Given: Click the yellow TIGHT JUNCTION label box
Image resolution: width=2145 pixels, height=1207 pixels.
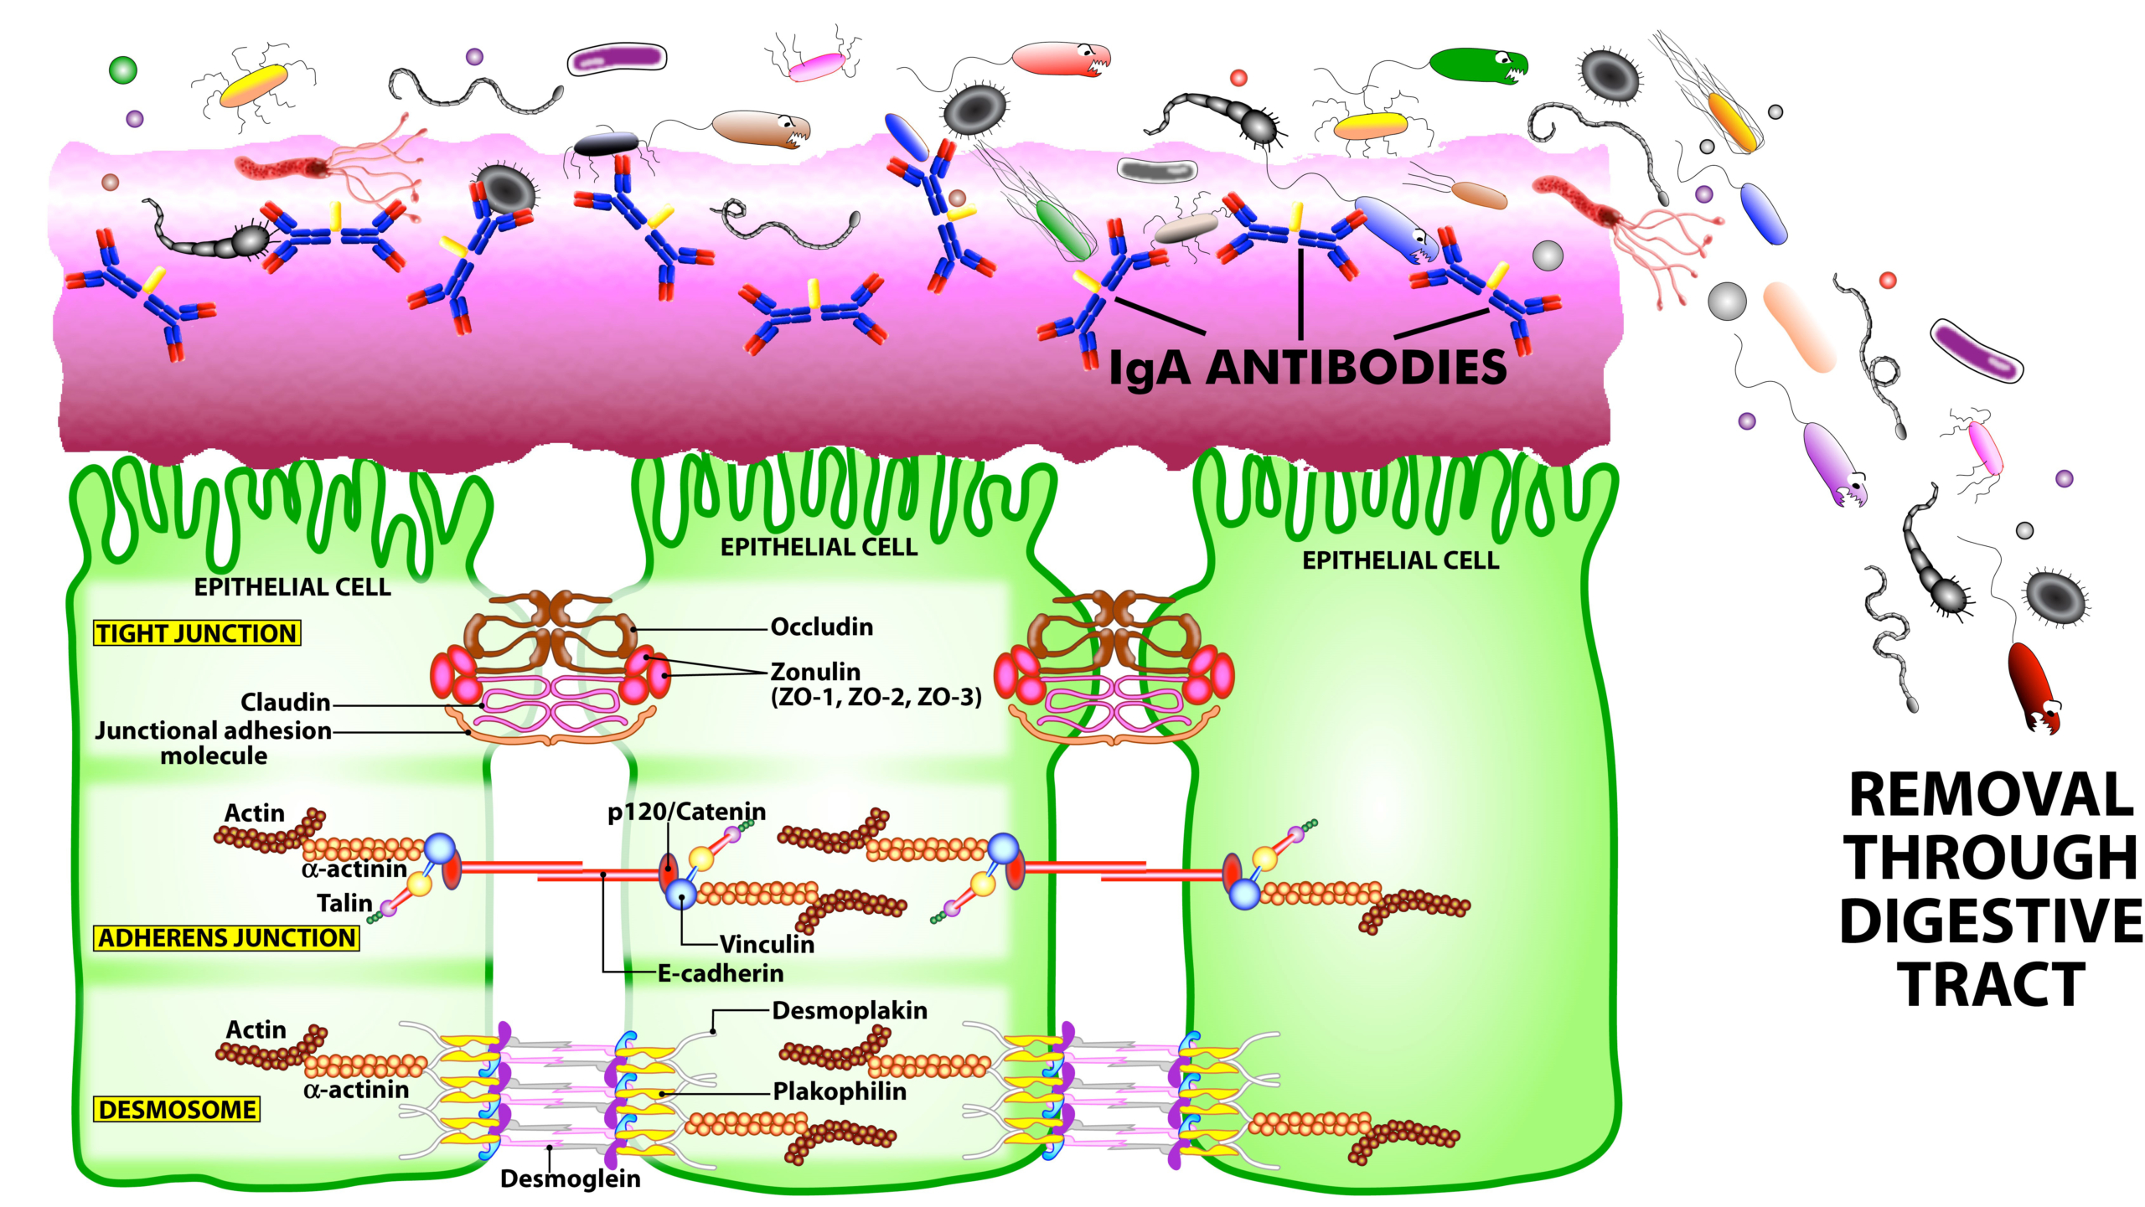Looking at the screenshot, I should coord(197,633).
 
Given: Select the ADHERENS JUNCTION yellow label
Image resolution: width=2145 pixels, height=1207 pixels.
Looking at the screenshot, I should coord(226,937).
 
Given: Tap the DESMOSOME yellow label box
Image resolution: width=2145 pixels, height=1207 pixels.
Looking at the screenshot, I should coord(177,1109).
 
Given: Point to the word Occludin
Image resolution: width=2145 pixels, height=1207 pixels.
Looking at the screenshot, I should coord(821,627).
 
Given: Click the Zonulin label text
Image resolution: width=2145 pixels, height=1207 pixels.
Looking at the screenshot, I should coord(815,672).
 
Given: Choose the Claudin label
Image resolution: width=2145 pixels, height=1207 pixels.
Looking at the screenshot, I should coord(285,702).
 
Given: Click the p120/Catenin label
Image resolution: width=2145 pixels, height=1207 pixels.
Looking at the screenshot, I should coord(686,811).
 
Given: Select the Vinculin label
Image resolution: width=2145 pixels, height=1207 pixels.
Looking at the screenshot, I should coord(767,944).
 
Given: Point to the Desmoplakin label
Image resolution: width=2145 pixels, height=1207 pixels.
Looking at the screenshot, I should coord(850,1010).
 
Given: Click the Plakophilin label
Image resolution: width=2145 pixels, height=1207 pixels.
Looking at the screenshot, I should coord(840,1091).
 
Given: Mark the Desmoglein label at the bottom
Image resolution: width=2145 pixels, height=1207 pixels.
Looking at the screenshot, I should coord(570,1179).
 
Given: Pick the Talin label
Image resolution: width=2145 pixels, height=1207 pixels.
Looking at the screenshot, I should coord(344,903).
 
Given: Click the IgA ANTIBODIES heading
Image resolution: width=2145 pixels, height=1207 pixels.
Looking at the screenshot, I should coord(1307,368).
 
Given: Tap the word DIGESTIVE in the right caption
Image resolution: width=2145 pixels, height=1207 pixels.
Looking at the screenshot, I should coord(1991,921).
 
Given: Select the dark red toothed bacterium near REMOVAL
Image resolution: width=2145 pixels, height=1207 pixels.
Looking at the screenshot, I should coord(2033,686).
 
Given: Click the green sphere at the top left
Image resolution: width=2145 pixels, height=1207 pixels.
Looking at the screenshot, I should coord(123,70).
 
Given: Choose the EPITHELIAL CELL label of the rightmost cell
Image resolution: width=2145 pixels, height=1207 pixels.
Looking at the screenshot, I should coord(1400,560).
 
